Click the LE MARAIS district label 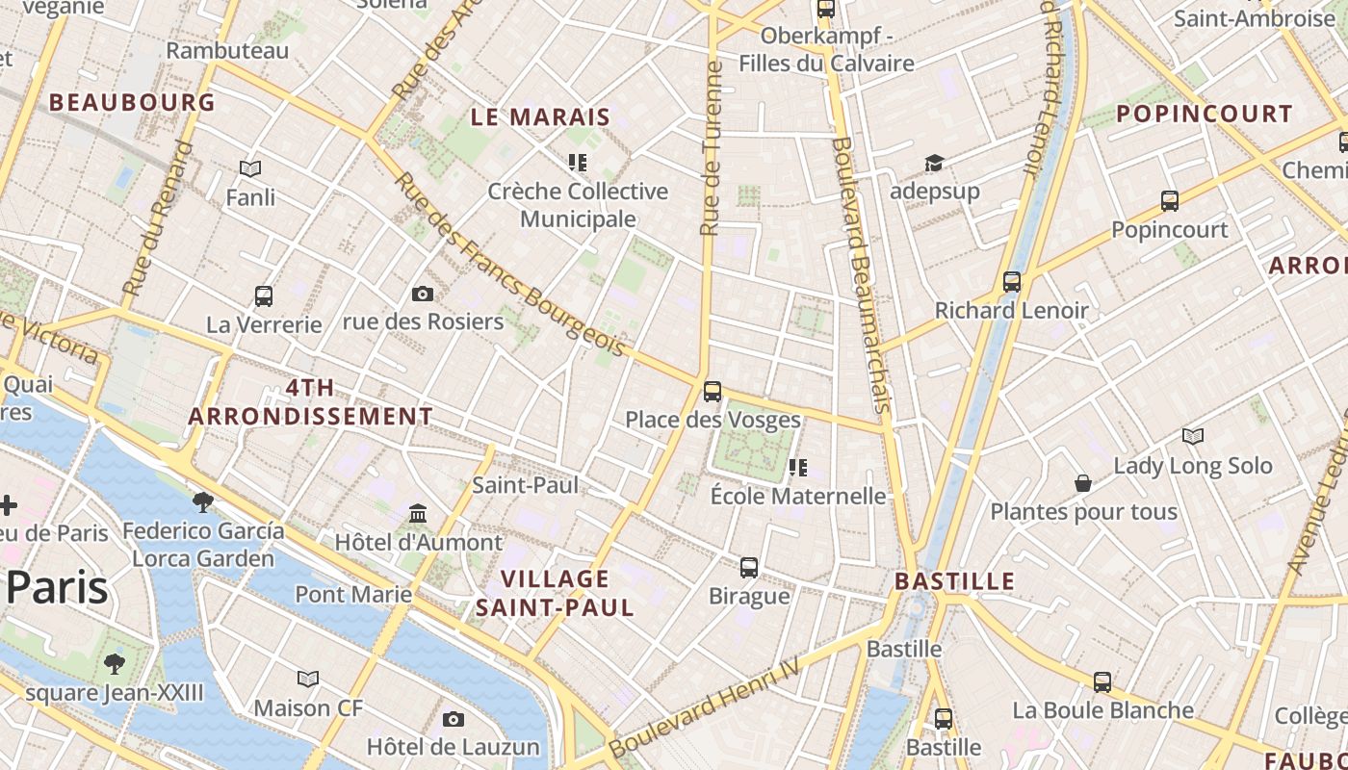(x=540, y=117)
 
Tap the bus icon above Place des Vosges (x=713, y=392)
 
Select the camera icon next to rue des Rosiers (x=422, y=294)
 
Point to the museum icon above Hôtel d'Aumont (x=418, y=513)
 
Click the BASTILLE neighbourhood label (x=954, y=581)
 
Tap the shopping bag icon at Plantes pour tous (x=1083, y=483)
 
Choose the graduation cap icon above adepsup (x=934, y=163)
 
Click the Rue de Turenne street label (x=711, y=149)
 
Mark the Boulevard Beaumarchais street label (x=860, y=274)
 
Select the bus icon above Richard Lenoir (x=1011, y=282)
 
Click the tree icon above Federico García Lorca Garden (x=202, y=501)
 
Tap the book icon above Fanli (x=250, y=169)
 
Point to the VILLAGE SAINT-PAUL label (x=556, y=593)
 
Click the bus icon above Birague (x=749, y=568)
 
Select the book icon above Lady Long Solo (x=1193, y=437)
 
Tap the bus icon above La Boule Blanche (x=1102, y=682)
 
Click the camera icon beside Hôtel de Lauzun (x=454, y=719)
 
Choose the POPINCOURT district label (x=1205, y=114)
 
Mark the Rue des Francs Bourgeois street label (x=509, y=264)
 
